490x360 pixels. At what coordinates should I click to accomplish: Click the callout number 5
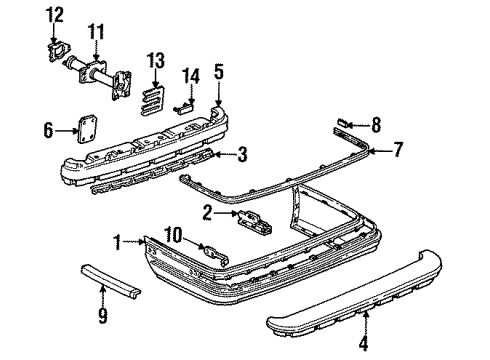pyautogui.click(x=219, y=71)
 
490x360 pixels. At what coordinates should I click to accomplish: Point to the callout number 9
pyautogui.click(x=102, y=317)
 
